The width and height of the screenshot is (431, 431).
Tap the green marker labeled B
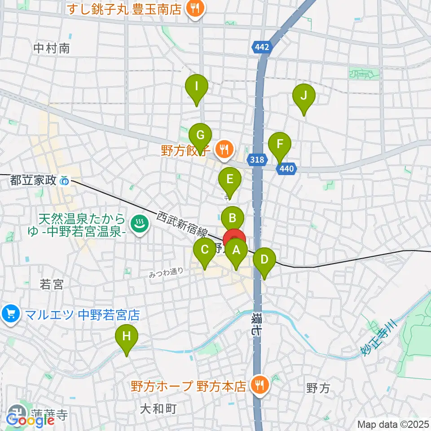tap(233, 219)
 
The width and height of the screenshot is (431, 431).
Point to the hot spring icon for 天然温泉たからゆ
tap(139, 224)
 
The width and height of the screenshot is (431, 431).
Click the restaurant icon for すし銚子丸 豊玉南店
tap(194, 8)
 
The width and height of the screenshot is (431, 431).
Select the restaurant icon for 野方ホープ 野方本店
tap(259, 385)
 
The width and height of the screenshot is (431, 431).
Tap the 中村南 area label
tap(52, 48)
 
